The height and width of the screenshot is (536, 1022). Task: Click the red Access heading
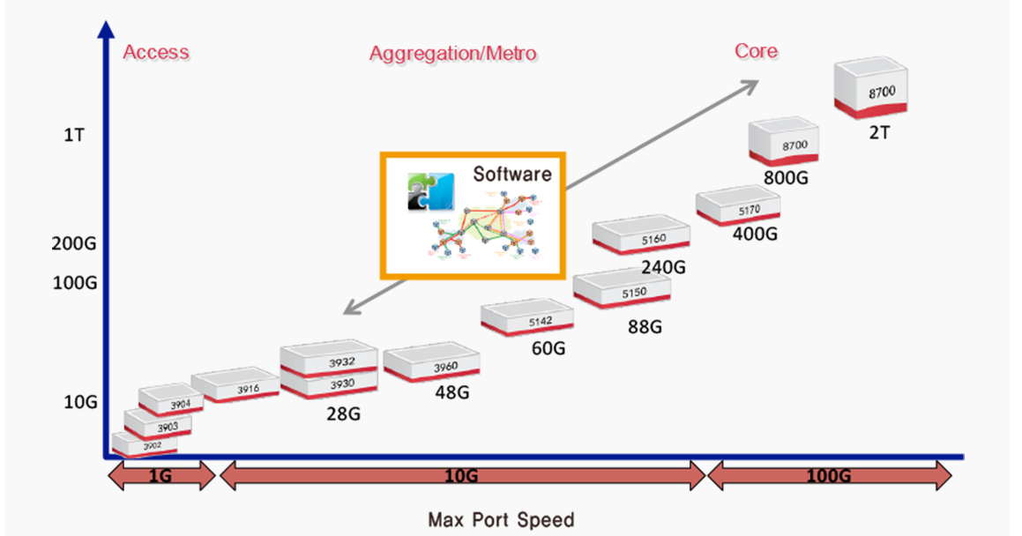tap(156, 52)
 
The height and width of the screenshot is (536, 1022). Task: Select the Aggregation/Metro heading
tap(452, 54)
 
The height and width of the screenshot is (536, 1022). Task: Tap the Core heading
tap(756, 51)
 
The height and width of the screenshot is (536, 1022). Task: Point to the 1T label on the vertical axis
tap(74, 137)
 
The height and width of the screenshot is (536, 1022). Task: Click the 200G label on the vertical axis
tap(74, 243)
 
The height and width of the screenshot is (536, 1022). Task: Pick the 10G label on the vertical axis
tap(80, 402)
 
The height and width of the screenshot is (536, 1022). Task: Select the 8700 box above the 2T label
tap(871, 89)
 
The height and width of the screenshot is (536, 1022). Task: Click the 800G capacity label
tap(787, 177)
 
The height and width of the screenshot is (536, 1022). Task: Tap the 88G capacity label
tap(645, 327)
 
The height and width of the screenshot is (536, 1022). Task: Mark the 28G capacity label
tap(343, 413)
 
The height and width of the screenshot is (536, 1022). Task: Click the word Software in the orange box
tap(511, 173)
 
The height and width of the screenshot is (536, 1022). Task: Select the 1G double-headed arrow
tap(160, 477)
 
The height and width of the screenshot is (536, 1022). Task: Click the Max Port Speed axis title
tap(500, 519)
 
